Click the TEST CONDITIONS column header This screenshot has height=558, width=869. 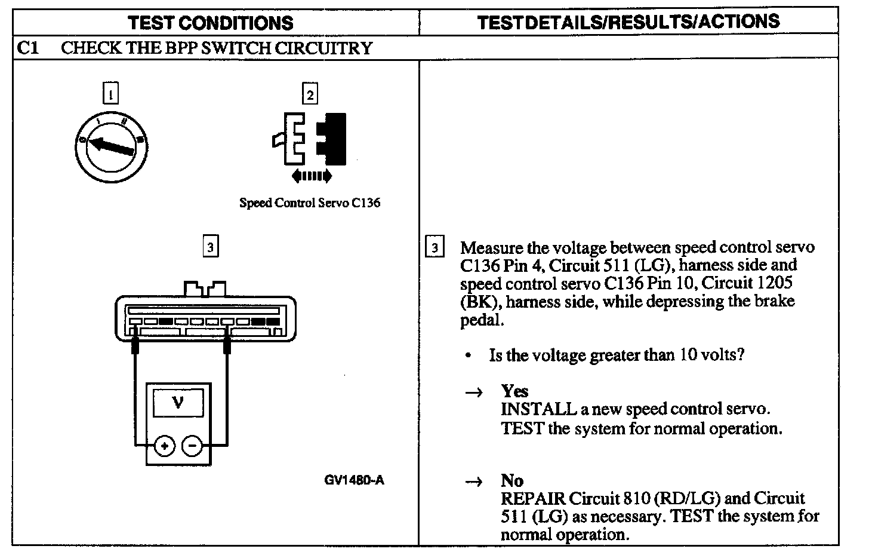click(211, 23)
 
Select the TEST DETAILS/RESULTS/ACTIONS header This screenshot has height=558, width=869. click(628, 22)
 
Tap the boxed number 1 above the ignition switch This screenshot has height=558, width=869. click(110, 94)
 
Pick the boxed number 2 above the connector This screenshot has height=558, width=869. click(309, 94)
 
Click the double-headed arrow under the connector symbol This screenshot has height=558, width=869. click(311, 176)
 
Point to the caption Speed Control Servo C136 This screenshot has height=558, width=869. click(309, 203)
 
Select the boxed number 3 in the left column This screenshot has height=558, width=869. click(210, 246)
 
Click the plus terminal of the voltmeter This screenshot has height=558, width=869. click(164, 446)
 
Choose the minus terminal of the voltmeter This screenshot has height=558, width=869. click(192, 446)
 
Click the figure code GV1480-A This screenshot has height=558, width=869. click(354, 480)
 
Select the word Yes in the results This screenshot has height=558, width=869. click(514, 391)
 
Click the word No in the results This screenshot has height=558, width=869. click(511, 481)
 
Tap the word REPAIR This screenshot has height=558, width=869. click(532, 499)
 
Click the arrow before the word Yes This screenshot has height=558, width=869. click(473, 393)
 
